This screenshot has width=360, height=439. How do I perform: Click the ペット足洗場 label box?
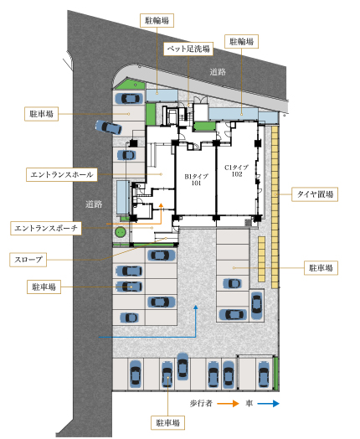tap(188, 49)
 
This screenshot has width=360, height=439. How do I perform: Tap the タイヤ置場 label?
tap(315, 194)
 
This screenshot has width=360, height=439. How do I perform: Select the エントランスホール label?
tap(62, 175)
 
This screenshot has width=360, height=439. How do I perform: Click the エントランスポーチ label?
tap(46, 228)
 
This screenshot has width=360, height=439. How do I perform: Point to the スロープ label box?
tap(28, 260)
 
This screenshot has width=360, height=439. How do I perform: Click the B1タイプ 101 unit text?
tap(197, 180)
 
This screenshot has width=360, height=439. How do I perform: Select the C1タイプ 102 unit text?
tap(237, 171)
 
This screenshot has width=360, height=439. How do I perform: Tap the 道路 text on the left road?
tap(94, 204)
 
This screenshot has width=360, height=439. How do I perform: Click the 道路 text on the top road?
tap(218, 72)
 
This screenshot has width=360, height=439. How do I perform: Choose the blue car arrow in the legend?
tap(268, 404)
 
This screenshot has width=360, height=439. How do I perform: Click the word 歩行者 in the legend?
tap(201, 404)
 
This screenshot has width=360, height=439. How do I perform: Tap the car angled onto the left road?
tap(109, 127)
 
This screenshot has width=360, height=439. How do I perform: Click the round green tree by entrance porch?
tap(121, 232)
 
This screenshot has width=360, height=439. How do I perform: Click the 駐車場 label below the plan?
tap(167, 423)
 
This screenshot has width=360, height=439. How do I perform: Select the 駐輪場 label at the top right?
tap(241, 42)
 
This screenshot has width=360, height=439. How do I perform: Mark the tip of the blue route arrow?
tap(196, 305)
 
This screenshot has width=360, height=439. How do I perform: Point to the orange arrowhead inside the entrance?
tap(161, 205)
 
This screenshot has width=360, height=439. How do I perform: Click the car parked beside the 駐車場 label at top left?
tap(129, 98)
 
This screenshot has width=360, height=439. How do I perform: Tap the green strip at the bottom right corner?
tap(275, 374)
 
